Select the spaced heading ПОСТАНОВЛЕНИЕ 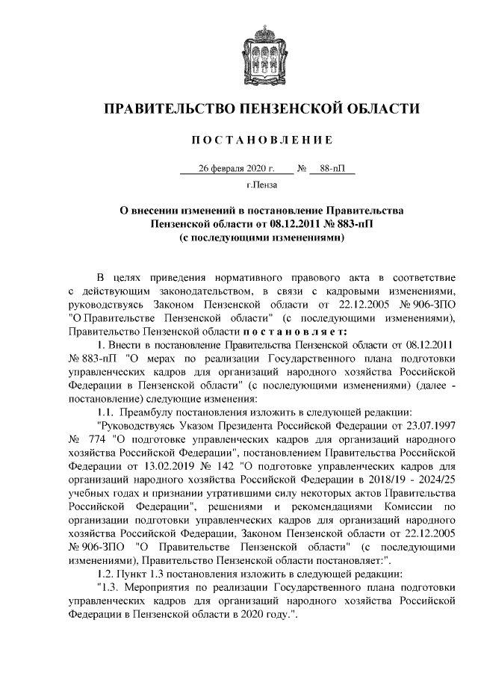[261, 140]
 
